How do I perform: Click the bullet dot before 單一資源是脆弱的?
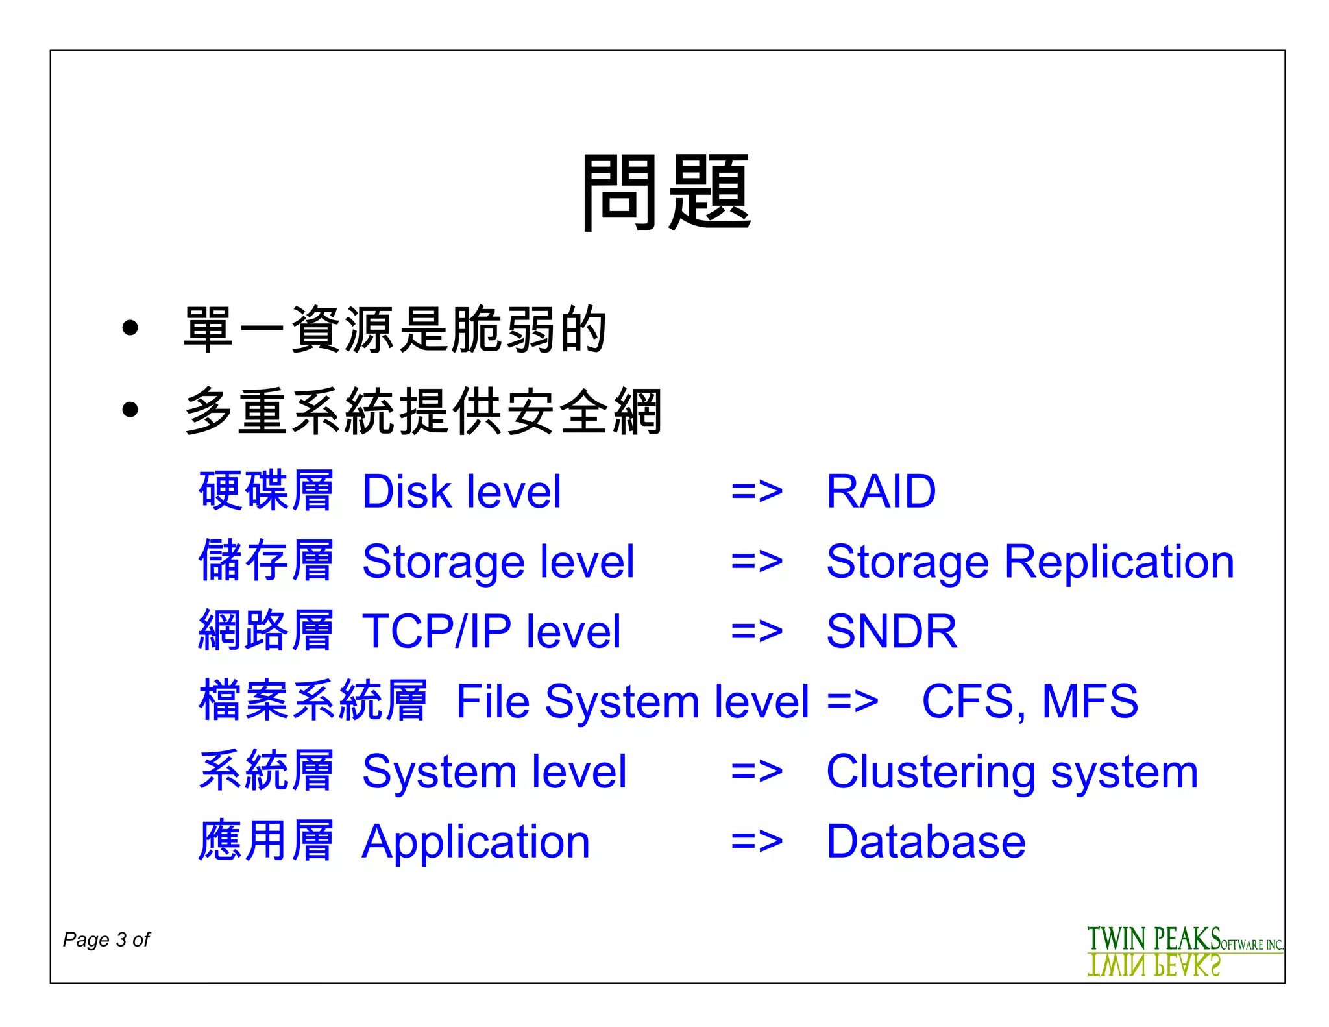[x=130, y=328]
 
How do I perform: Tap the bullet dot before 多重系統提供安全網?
[x=130, y=410]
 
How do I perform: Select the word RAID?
[x=881, y=491]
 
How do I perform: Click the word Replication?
[x=1119, y=562]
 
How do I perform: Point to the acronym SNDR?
[x=892, y=631]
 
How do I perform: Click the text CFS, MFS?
[x=1030, y=701]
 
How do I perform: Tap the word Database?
[x=925, y=842]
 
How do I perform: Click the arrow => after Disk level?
[x=757, y=492]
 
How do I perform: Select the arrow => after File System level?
[x=853, y=702]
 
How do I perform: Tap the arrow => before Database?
[x=757, y=842]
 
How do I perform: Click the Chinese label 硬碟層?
[x=266, y=491]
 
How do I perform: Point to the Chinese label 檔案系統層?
[x=313, y=700]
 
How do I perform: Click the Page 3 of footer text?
[x=106, y=939]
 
